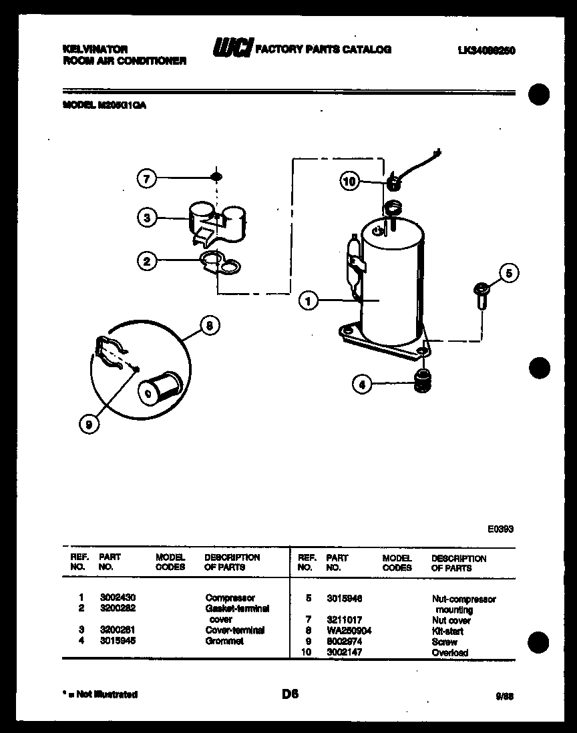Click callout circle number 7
[x=148, y=178]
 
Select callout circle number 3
[x=148, y=217]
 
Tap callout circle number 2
[x=148, y=261]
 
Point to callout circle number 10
[x=350, y=182]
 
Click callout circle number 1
[x=308, y=302]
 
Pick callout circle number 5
[x=510, y=273]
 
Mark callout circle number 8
[x=210, y=326]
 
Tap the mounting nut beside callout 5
[x=479, y=296]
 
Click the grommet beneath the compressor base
[x=421, y=381]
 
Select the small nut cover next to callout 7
[x=216, y=177]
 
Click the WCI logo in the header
[x=232, y=48]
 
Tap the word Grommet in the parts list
[x=224, y=641]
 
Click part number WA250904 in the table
[x=348, y=631]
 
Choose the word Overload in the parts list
[x=449, y=653]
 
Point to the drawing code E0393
[x=500, y=529]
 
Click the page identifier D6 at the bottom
[x=289, y=694]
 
